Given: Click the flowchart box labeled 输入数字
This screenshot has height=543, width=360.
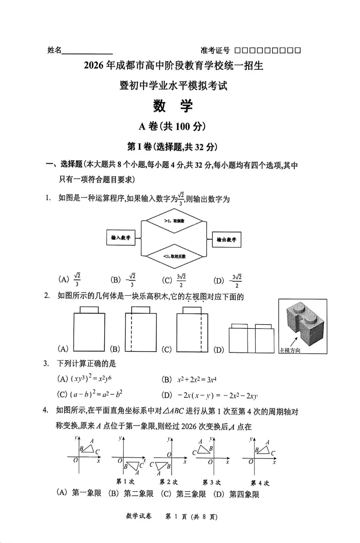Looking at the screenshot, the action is click(121, 237).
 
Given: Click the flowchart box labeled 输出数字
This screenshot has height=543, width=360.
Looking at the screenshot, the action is click(226, 239).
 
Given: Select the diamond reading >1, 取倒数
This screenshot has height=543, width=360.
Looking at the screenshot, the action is click(174, 221).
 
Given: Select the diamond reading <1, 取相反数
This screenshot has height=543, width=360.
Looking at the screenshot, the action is click(174, 256).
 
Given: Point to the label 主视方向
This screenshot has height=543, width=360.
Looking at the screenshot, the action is click(290, 351).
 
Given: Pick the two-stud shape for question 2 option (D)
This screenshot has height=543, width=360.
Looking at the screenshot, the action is click(251, 338).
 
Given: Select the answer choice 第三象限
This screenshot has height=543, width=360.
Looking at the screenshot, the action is click(191, 494).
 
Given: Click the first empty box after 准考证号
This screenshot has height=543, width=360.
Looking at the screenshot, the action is click(237, 50).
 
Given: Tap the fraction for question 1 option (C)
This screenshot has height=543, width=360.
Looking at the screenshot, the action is click(181, 281).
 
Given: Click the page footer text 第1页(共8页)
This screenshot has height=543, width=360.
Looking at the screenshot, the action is click(191, 517).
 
